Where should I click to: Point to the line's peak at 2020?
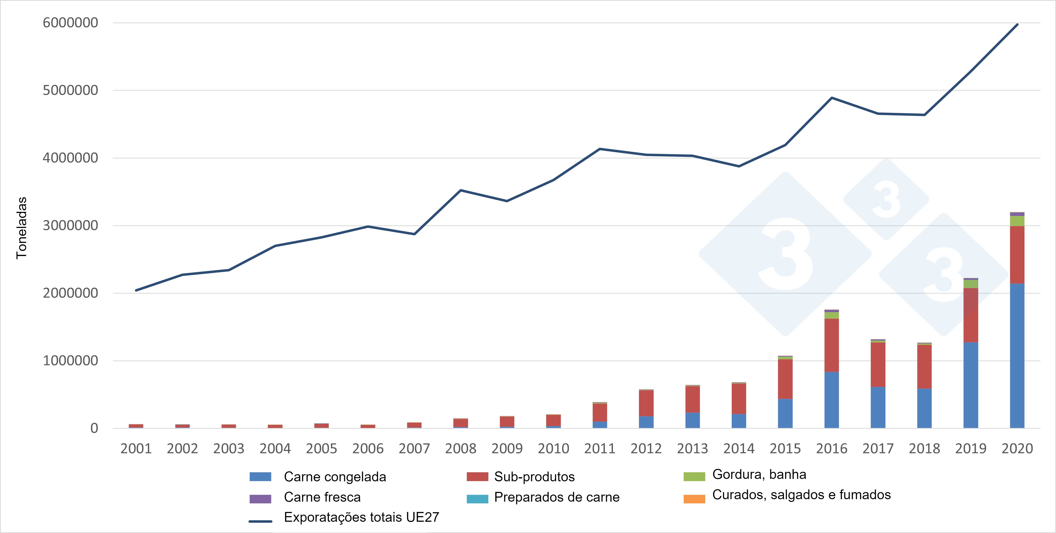1017,24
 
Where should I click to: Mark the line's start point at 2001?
136,290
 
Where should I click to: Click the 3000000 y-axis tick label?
70,225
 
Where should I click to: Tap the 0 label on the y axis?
94,428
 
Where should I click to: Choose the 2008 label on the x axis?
460,449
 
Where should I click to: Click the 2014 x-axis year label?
739,449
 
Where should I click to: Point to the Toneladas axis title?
21,228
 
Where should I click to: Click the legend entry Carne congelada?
335,477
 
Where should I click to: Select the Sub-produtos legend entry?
534,477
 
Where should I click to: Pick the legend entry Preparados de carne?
556,497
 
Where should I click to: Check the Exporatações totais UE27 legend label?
361,517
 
